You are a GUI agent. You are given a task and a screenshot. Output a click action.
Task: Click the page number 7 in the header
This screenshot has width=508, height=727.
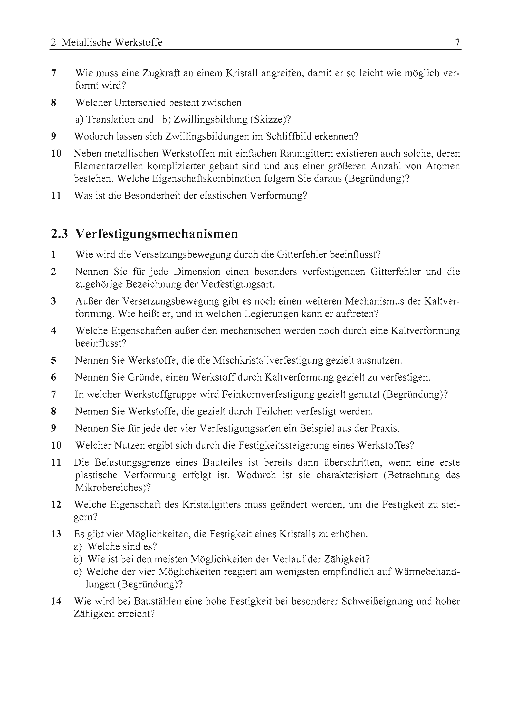point(457,42)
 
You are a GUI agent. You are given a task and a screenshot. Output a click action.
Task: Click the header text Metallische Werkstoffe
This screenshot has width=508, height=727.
point(112,42)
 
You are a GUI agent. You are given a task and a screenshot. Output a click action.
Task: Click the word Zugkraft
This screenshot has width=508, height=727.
point(161,73)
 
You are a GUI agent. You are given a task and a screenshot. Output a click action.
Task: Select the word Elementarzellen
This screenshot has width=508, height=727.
point(108,166)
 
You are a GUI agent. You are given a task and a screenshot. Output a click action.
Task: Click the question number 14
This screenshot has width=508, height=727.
point(56,601)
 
